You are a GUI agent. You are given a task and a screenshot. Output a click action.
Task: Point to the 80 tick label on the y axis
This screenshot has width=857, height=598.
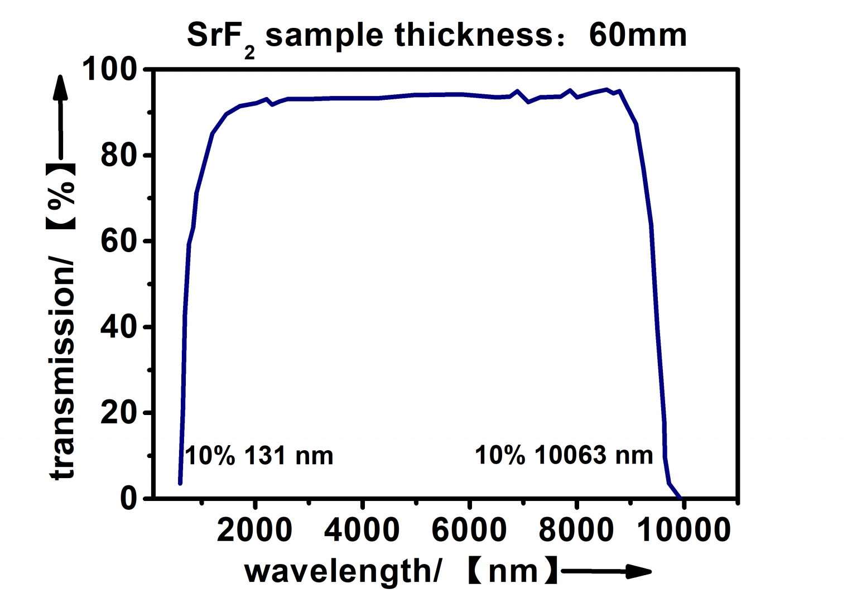[x=119, y=156]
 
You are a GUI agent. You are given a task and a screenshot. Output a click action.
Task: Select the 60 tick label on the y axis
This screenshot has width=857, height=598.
[x=119, y=242]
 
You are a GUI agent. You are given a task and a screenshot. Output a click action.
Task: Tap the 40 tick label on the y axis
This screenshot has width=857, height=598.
[x=119, y=327]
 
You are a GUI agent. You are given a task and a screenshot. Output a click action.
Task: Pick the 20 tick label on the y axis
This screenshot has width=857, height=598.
[x=119, y=413]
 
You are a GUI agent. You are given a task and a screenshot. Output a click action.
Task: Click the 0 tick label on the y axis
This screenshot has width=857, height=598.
[x=128, y=498]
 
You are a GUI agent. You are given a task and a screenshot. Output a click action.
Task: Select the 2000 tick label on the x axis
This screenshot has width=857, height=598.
[x=254, y=530]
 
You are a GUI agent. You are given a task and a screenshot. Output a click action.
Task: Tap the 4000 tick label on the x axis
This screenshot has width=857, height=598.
[x=362, y=530]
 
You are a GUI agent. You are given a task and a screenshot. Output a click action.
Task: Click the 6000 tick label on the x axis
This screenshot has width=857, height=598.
[x=469, y=530]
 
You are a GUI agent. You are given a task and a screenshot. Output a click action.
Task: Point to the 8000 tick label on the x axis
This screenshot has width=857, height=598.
[x=576, y=530]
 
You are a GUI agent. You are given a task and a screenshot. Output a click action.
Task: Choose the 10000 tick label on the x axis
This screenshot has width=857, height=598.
[x=684, y=530]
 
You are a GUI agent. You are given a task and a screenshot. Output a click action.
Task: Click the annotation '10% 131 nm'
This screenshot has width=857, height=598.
[x=259, y=456]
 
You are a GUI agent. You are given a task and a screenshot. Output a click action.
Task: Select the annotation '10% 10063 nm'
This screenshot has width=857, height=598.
[x=564, y=455]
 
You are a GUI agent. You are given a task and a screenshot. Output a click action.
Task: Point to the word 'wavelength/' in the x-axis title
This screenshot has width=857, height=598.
[x=344, y=571]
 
